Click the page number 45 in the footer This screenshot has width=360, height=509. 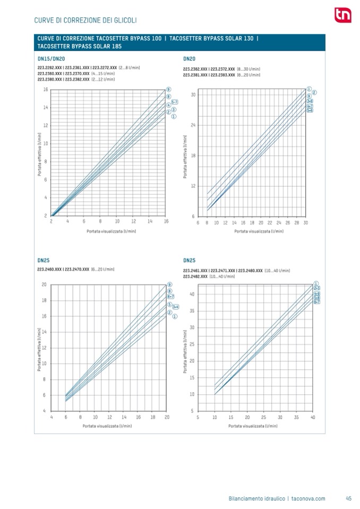[349, 498]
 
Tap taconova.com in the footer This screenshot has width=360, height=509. [308, 498]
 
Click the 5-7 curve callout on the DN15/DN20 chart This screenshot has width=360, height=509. [174, 101]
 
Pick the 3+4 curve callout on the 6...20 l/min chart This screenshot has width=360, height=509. [175, 307]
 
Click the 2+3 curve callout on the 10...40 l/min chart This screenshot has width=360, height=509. [316, 288]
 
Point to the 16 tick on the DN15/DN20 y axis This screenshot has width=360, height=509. [46, 90]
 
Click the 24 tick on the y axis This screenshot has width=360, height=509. [193, 125]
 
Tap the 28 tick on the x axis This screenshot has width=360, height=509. [297, 223]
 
